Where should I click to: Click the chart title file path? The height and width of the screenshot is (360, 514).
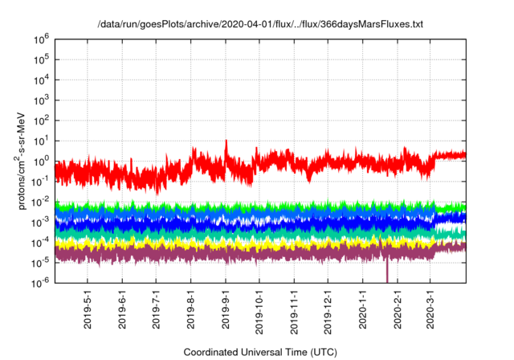(x=259, y=25)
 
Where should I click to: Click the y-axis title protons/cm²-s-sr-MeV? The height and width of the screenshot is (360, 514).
(x=24, y=161)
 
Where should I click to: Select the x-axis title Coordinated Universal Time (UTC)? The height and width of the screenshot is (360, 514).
(x=260, y=352)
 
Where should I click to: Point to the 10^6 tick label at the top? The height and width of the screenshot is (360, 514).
(x=41, y=39)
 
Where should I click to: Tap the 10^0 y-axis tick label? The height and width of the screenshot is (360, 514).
(x=41, y=161)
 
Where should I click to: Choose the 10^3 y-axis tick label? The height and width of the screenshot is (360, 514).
(x=41, y=100)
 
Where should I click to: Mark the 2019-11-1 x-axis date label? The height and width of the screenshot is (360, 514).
(x=295, y=309)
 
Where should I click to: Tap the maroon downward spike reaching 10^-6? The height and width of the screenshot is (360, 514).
(x=387, y=273)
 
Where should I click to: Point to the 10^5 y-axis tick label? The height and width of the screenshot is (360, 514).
(x=41, y=59)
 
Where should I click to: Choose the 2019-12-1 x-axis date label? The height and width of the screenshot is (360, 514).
(x=328, y=309)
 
